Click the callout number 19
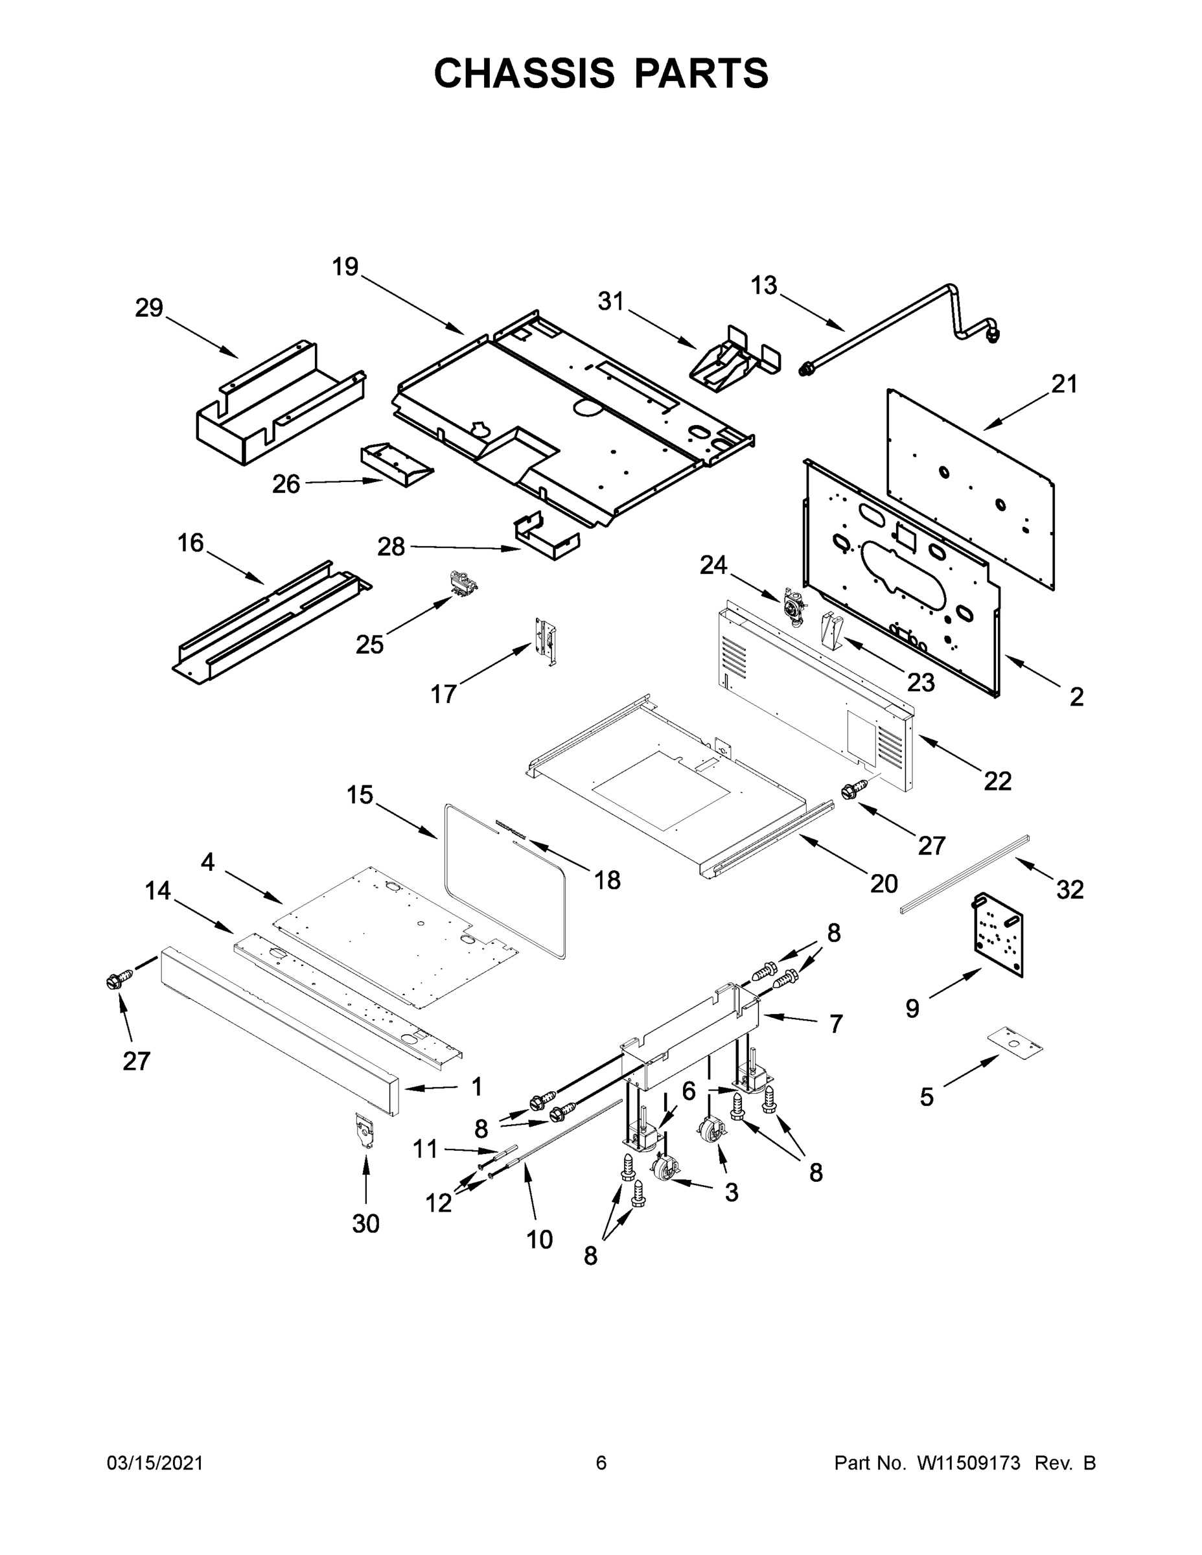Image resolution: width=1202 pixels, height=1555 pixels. click(345, 267)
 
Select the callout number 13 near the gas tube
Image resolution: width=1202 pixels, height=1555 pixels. click(764, 286)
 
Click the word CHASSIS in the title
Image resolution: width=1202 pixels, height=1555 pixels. click(524, 73)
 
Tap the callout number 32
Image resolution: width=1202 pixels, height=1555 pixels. click(1070, 890)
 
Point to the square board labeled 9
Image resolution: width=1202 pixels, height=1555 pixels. click(998, 934)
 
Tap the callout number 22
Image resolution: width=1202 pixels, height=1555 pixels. click(997, 781)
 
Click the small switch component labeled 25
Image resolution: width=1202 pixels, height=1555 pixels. click(461, 582)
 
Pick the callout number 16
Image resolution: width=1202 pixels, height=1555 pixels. click(190, 543)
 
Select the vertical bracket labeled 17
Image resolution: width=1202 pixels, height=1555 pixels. click(546, 641)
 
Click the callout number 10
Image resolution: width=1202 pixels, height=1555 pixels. click(539, 1239)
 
